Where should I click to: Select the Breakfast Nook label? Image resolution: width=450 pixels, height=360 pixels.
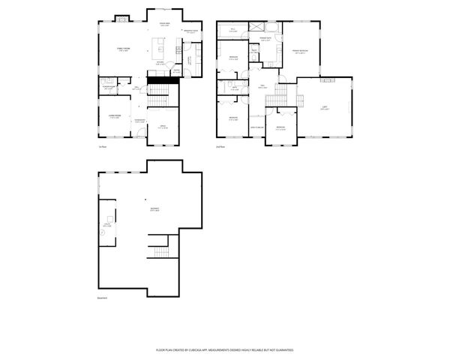coord(190,31)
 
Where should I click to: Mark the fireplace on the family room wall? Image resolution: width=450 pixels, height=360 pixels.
coord(121,19)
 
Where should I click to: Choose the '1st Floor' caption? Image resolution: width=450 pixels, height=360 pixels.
coord(103,146)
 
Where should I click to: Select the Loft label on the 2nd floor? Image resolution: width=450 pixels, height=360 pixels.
coord(324,109)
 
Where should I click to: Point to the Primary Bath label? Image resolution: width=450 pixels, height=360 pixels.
coord(265,38)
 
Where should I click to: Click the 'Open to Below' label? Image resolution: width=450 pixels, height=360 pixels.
coord(256,127)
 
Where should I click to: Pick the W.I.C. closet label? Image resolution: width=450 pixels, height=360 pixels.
coord(233,30)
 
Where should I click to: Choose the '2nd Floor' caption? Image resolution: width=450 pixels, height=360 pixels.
coord(220,146)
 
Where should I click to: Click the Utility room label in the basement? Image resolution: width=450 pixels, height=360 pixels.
coord(107,224)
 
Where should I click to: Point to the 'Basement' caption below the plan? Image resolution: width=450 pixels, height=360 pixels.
coord(103,298)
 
